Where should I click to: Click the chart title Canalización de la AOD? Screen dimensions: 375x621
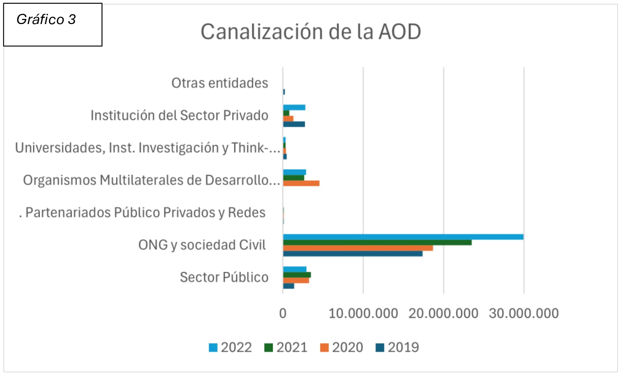tap(310, 32)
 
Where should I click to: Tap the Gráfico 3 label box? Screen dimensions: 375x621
tap(53, 25)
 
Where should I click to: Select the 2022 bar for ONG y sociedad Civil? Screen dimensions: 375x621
tap(403, 237)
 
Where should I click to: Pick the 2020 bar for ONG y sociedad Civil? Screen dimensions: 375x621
tap(358, 248)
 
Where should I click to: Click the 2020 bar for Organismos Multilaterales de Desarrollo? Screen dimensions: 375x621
tap(301, 184)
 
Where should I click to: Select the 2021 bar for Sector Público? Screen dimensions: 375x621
tap(297, 275)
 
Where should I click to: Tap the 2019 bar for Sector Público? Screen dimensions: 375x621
tap(289, 286)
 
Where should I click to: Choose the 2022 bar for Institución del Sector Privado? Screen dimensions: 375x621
tap(294, 108)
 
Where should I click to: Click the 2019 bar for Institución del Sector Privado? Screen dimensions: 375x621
tap(294, 124)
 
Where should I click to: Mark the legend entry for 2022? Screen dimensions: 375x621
tap(230, 348)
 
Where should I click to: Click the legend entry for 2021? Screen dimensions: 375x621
tap(286, 348)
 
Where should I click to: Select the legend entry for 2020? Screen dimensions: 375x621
tap(341, 348)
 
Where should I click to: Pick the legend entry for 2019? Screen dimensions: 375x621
tap(397, 348)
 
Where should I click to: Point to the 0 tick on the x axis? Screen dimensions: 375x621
tap(283, 314)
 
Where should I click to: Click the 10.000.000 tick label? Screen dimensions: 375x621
tap(363, 314)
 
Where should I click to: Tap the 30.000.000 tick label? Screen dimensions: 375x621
tap(524, 314)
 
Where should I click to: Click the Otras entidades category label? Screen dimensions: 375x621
tap(220, 83)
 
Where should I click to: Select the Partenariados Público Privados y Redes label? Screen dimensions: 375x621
tap(143, 213)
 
